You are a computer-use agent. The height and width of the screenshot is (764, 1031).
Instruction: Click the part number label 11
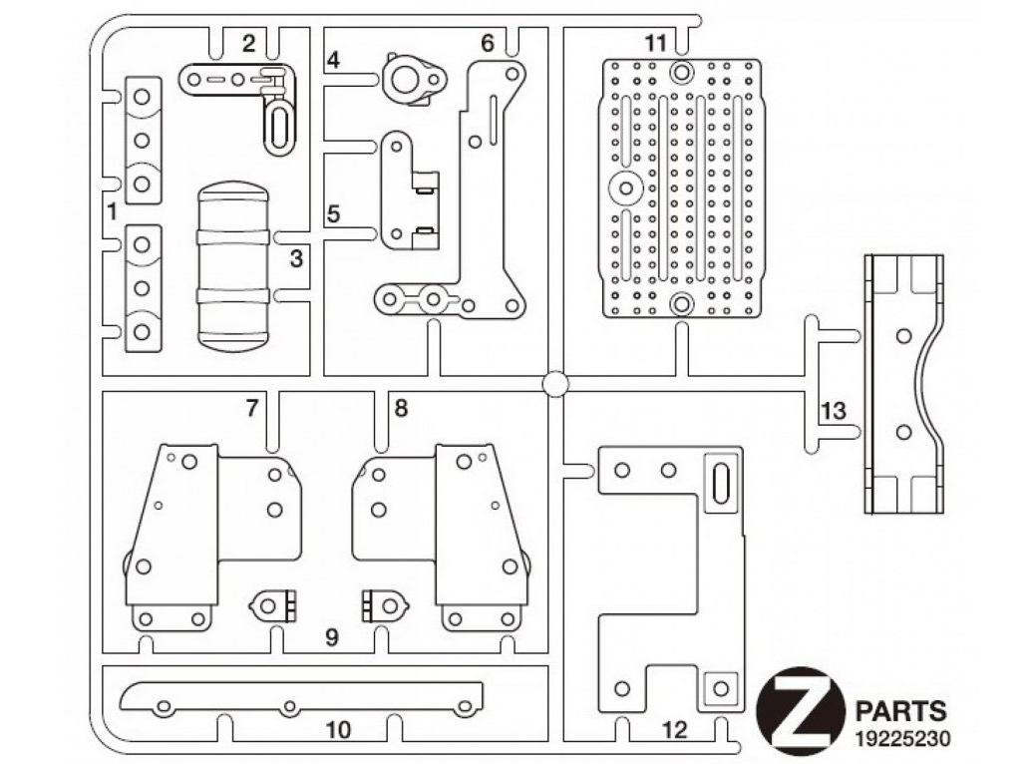pos(655,43)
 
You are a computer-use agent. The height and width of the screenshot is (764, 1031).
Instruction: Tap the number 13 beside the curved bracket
pos(834,412)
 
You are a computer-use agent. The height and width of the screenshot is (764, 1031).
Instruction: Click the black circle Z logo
pos(801,712)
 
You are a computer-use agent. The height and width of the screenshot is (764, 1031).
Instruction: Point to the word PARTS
pos(901,711)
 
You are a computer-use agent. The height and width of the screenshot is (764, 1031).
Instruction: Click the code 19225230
pos(902,738)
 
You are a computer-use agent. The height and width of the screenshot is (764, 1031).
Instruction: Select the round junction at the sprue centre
pos(555,384)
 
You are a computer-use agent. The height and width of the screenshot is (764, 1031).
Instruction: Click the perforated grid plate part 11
pos(681,189)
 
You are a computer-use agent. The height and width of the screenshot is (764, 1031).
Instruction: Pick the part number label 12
pos(675,730)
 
